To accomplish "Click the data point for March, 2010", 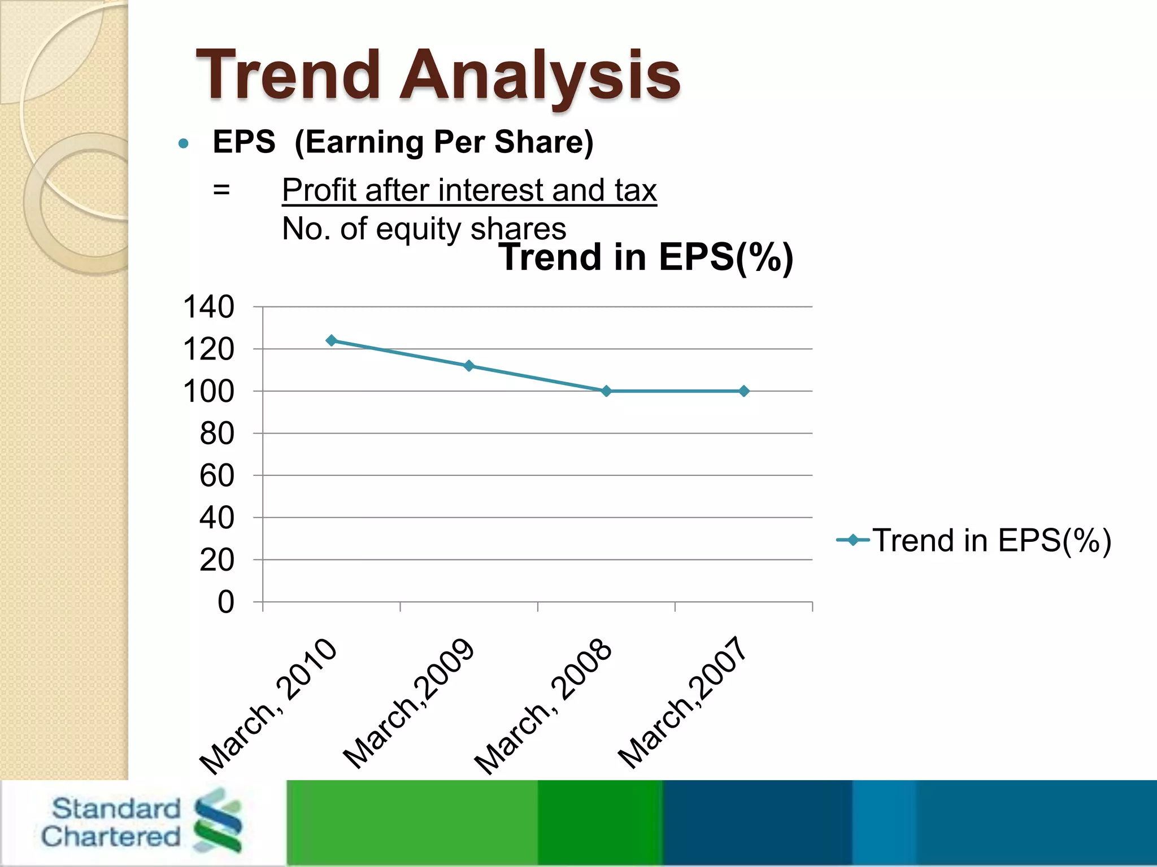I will pyautogui.click(x=332, y=340).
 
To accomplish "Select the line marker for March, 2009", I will pyautogui.click(x=468, y=366).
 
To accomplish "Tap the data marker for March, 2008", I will pyautogui.click(x=606, y=391).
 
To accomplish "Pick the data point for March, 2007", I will pyautogui.click(x=744, y=391).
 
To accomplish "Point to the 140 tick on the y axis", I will pyautogui.click(x=208, y=307).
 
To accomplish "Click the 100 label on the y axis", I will pyautogui.click(x=208, y=391).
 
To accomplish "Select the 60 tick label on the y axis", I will pyautogui.click(x=216, y=475).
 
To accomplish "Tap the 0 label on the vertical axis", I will pyautogui.click(x=225, y=602).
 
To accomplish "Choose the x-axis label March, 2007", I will pyautogui.click(x=682, y=703).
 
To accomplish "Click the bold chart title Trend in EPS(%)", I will pyautogui.click(x=646, y=257).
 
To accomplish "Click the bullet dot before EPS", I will pyautogui.click(x=183, y=143).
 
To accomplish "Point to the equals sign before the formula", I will pyautogui.click(x=221, y=190).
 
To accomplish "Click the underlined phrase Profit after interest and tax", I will pyautogui.click(x=469, y=190).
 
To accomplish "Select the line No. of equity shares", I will pyautogui.click(x=424, y=229).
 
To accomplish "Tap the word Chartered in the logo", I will pyautogui.click(x=111, y=837).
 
